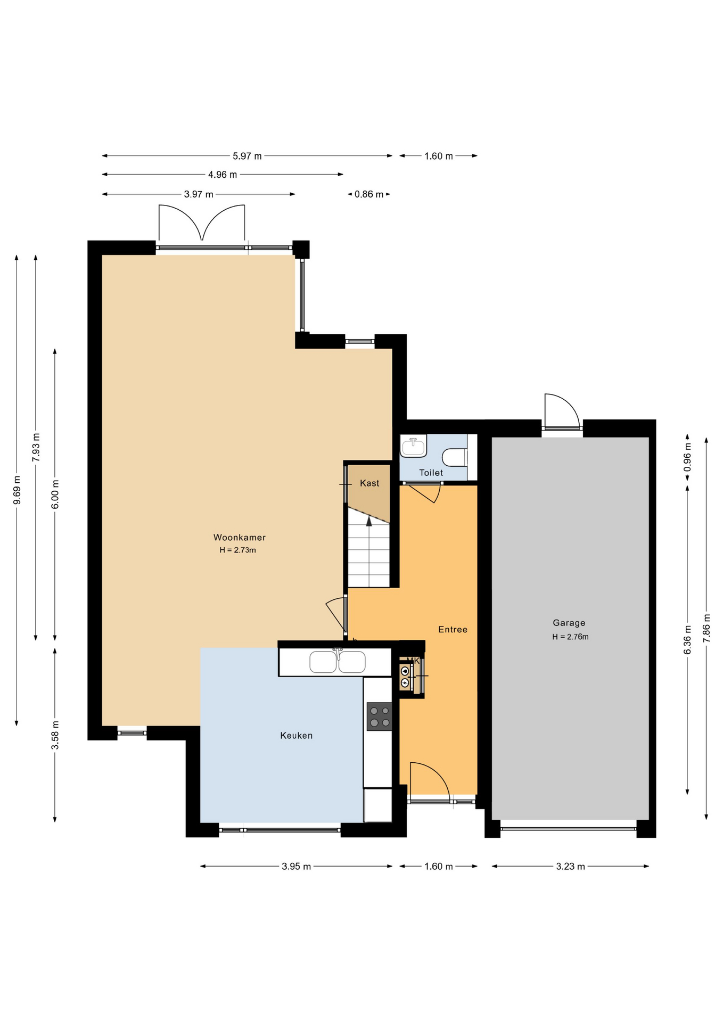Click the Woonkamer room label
(x=239, y=538)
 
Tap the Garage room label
(x=569, y=623)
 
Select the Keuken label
(x=296, y=736)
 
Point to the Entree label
(x=453, y=630)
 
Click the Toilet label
(x=431, y=473)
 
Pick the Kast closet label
(x=369, y=483)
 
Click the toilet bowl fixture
(x=455, y=457)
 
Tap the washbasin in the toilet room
(x=413, y=446)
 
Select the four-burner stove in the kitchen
(x=379, y=716)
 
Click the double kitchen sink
(x=338, y=662)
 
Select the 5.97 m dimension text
(x=247, y=156)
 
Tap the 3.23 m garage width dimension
(x=570, y=867)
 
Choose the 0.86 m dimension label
(x=369, y=195)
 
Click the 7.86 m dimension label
(x=707, y=629)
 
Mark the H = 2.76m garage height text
(x=570, y=637)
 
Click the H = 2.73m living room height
(x=237, y=550)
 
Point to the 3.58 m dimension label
(x=55, y=735)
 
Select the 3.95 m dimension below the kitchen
(x=296, y=867)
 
